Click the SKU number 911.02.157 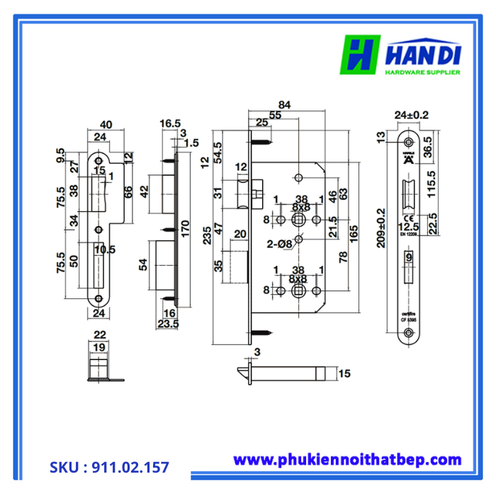[x=109, y=468]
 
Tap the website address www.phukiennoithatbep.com [x=347, y=460]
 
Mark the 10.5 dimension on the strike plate [x=104, y=249]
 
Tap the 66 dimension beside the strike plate [x=128, y=193]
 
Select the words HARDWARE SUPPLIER [x=422, y=72]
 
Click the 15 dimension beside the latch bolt [x=345, y=373]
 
